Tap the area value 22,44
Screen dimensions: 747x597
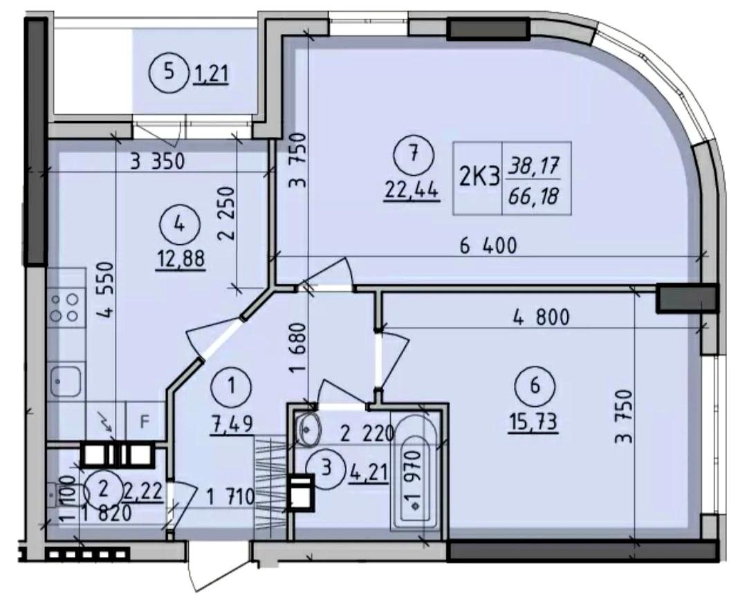point(412,192)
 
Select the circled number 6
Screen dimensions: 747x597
point(535,385)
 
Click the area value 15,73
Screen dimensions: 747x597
point(533,422)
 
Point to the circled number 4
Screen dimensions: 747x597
point(179,223)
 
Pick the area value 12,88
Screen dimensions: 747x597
point(182,259)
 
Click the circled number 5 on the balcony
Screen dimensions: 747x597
point(168,73)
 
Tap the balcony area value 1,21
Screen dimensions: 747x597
point(211,75)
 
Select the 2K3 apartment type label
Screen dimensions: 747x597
point(479,178)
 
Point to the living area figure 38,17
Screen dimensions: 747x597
point(533,167)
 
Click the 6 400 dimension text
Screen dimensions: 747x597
point(488,246)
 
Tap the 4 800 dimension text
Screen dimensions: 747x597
point(541,317)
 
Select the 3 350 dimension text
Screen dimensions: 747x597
point(157,162)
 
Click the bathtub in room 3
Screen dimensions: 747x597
point(414,472)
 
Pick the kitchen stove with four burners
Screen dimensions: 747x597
point(66,307)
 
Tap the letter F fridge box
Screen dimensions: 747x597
point(145,421)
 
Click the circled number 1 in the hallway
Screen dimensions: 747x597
point(232,385)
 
